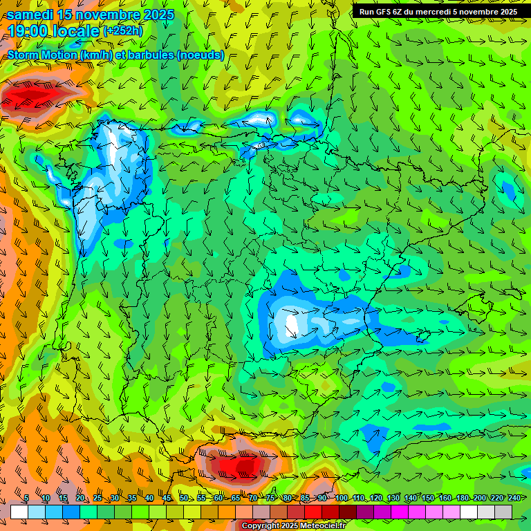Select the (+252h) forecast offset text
click(x=122, y=30)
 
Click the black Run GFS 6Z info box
click(x=438, y=11)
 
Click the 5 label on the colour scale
click(x=26, y=499)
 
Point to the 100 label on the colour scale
click(x=341, y=499)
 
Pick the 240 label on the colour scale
click(x=514, y=499)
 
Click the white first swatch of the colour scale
click(x=19, y=512)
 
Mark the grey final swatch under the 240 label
click(x=503, y=512)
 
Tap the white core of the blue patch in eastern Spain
click(x=292, y=324)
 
